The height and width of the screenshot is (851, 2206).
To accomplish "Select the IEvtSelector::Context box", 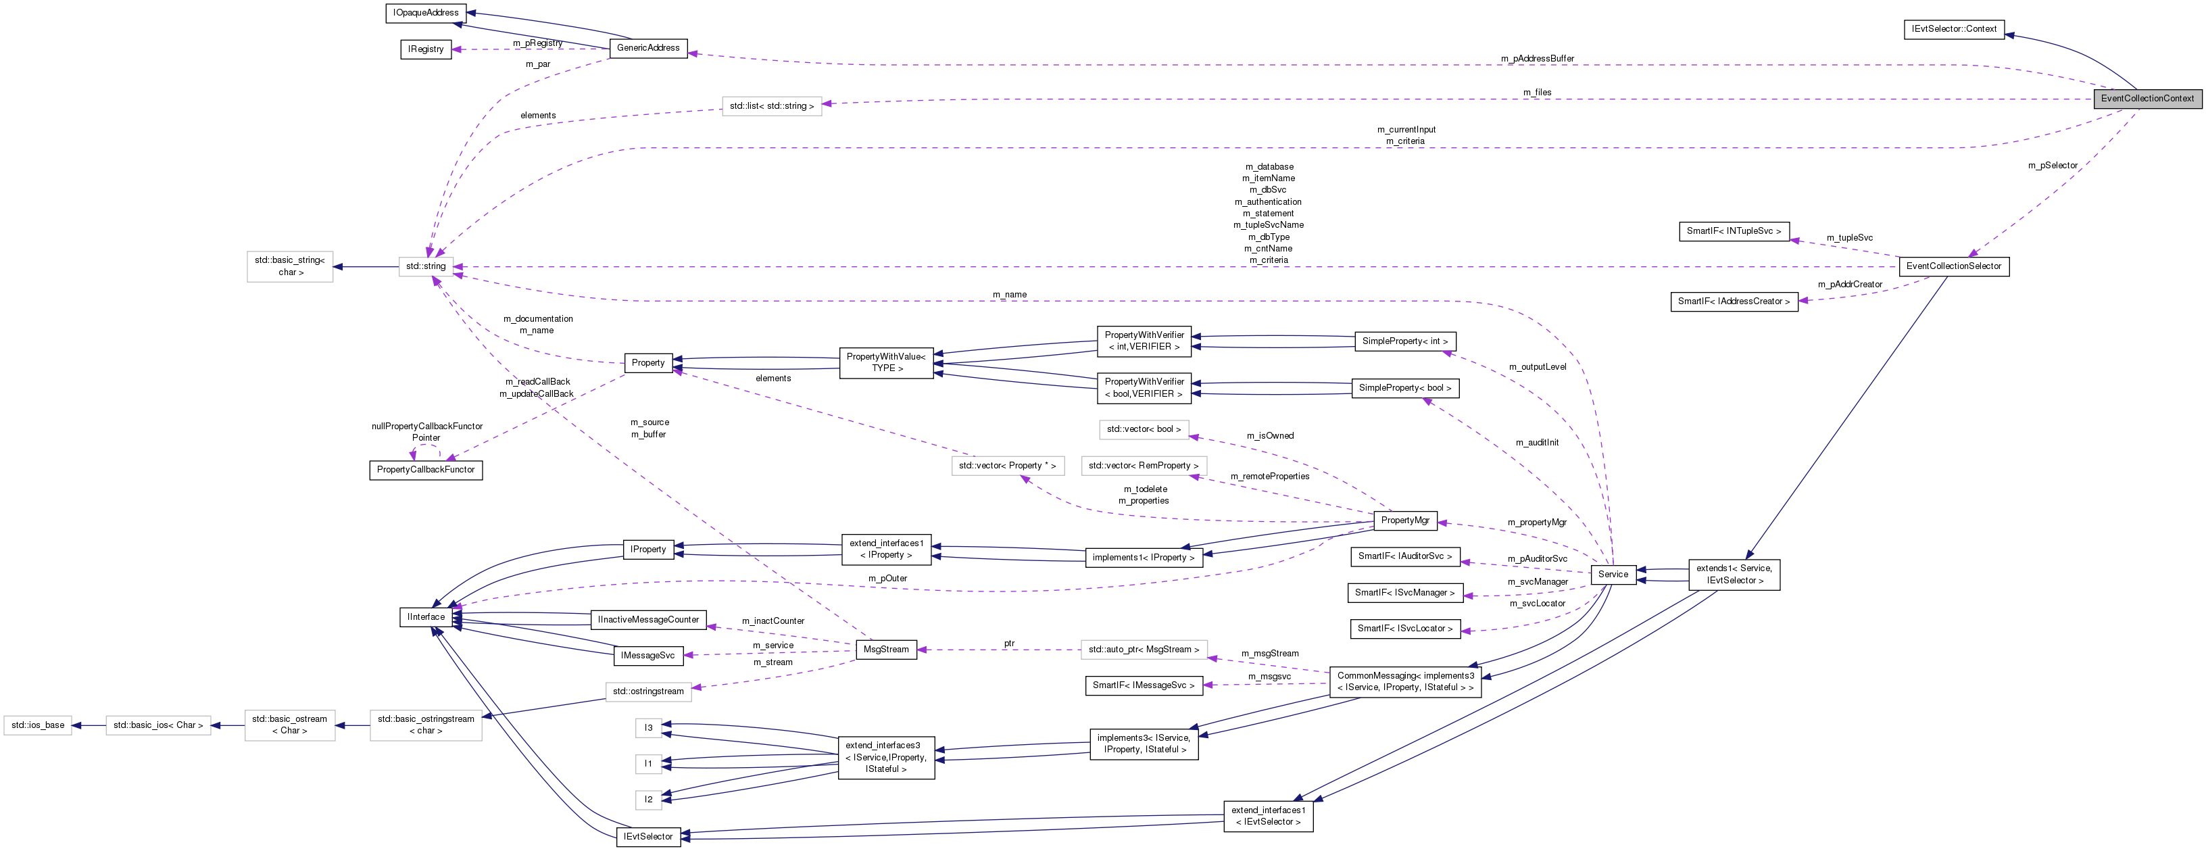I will (x=1953, y=29).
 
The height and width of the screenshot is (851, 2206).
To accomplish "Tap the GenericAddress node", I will (x=647, y=48).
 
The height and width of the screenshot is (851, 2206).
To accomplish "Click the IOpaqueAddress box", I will (x=426, y=13).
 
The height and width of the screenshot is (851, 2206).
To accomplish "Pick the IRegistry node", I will (x=426, y=49).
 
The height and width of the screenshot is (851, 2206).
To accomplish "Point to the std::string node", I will (x=426, y=266).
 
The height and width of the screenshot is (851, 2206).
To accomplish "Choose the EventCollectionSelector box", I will (x=1953, y=266).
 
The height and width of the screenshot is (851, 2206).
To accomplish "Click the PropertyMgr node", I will (x=1404, y=520).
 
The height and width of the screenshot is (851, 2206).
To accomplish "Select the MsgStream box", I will (x=885, y=650).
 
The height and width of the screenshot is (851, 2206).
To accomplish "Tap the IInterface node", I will (x=426, y=617).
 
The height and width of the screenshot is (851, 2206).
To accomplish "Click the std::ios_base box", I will (x=38, y=725).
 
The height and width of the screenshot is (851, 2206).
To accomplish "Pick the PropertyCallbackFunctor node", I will (x=426, y=470).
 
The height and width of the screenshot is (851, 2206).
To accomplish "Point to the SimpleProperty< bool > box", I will (x=1404, y=388).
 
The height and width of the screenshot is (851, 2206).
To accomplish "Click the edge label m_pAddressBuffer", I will (x=1537, y=59).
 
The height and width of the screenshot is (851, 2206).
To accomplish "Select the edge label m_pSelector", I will (x=2052, y=165).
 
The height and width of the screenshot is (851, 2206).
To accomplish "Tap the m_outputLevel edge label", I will (x=1537, y=367).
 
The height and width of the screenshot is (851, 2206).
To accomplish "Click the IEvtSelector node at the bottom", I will (x=647, y=836).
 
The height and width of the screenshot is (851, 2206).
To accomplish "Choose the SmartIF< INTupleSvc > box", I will (x=1734, y=231).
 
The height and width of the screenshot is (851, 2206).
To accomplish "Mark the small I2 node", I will (x=648, y=800).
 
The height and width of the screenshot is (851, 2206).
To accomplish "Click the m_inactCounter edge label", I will (x=773, y=621).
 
